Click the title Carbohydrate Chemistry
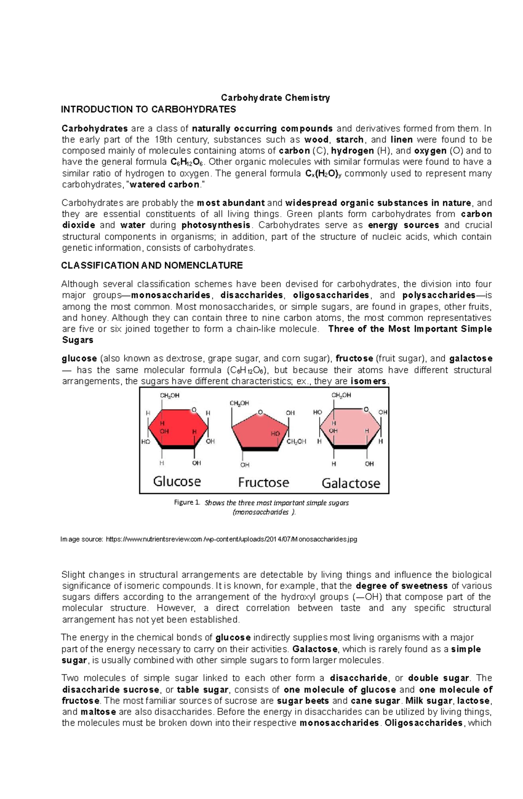(x=275, y=98)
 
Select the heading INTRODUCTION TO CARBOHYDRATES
(x=148, y=109)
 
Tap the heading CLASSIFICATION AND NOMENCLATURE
(x=152, y=266)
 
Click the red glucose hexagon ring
(x=178, y=429)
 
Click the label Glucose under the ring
(x=177, y=481)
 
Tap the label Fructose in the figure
(x=263, y=482)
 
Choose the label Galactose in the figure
(x=350, y=483)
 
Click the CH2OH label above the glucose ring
(x=170, y=395)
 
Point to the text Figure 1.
(x=187, y=502)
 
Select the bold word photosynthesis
(x=216, y=225)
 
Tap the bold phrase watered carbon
(x=165, y=185)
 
